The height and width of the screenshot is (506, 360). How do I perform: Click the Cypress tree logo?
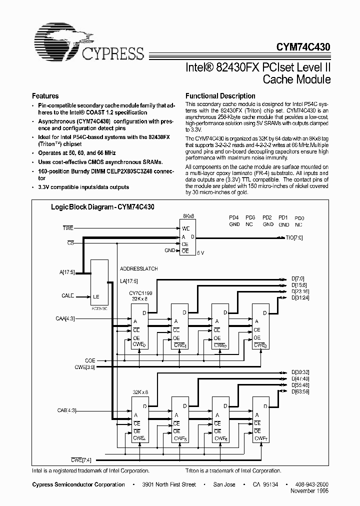(60, 40)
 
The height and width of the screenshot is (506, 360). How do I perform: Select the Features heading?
(45, 96)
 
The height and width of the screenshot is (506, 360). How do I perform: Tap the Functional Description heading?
(220, 96)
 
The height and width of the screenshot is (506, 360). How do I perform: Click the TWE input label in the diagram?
(67, 228)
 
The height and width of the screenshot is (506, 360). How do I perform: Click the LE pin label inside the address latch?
(96, 296)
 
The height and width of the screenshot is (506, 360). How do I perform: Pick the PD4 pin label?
(234, 218)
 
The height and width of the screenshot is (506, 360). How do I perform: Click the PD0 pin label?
(299, 218)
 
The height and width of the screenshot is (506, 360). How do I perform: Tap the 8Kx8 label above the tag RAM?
(188, 216)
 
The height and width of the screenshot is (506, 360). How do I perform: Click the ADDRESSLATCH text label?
(139, 268)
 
